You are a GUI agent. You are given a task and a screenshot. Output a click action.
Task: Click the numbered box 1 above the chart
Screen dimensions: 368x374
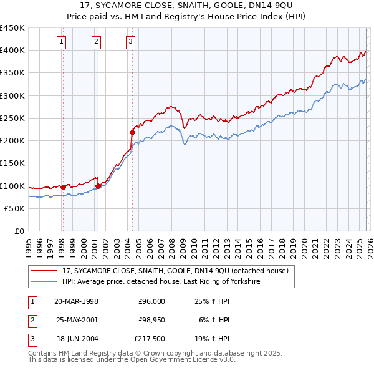click(62, 42)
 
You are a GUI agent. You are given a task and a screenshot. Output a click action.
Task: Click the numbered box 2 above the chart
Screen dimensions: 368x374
click(97, 42)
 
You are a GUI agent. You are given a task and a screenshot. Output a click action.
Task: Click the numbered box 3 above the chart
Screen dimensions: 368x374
click(131, 42)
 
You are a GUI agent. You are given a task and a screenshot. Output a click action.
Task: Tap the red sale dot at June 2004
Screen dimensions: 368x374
click(132, 132)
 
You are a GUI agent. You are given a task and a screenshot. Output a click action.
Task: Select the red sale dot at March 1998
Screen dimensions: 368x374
click(63, 186)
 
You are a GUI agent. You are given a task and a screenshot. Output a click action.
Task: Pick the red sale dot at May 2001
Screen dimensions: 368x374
click(98, 185)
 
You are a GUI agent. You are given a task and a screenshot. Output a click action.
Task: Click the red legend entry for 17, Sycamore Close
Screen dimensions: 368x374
click(175, 271)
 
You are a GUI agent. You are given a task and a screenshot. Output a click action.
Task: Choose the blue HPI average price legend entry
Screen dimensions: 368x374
click(160, 282)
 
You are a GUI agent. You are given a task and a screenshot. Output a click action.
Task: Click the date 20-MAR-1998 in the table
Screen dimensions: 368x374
click(76, 301)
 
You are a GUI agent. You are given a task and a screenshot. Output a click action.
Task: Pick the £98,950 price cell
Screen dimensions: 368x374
click(150, 320)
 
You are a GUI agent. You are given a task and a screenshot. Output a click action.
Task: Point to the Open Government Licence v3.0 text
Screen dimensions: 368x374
click(172, 360)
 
